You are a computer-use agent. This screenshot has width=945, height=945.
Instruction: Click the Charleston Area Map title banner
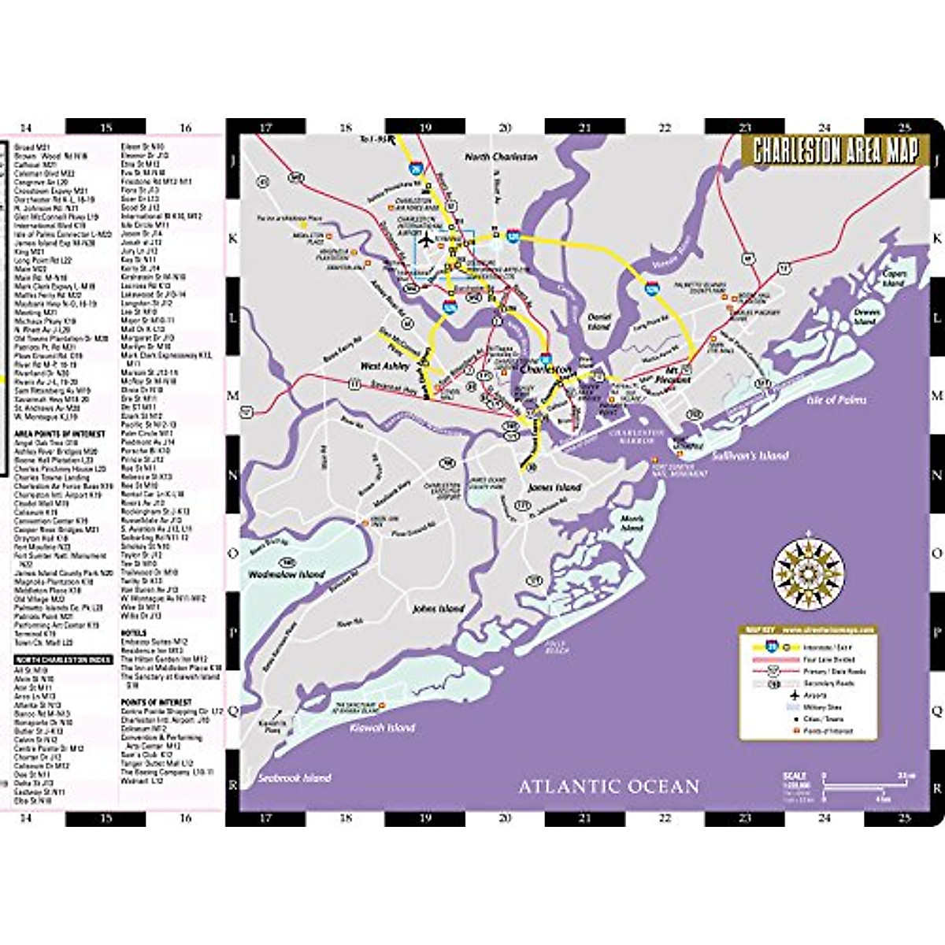point(836,150)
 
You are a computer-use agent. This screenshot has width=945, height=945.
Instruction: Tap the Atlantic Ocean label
point(609,786)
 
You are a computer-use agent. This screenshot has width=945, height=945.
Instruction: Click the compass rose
point(808,569)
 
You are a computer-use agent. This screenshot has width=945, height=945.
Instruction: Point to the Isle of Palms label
point(836,400)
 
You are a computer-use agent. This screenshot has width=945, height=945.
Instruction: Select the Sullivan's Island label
point(750,455)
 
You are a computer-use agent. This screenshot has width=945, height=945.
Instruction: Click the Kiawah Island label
point(382,728)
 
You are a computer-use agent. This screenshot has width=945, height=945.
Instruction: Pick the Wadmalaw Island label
point(286,574)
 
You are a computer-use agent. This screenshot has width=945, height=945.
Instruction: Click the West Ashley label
point(383,366)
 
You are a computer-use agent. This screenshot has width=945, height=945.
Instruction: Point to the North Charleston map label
point(501,157)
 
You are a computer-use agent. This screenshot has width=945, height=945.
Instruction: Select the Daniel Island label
point(599,321)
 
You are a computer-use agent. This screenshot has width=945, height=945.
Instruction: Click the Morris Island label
point(632,523)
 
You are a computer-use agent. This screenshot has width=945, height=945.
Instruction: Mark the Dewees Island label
point(865,317)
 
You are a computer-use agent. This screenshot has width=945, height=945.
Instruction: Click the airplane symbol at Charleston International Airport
point(427,239)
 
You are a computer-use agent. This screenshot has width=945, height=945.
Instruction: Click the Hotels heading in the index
point(133,632)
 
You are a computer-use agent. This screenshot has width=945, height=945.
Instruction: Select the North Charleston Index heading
point(63,659)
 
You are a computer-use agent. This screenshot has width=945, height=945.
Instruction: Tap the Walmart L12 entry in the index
point(142,781)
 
